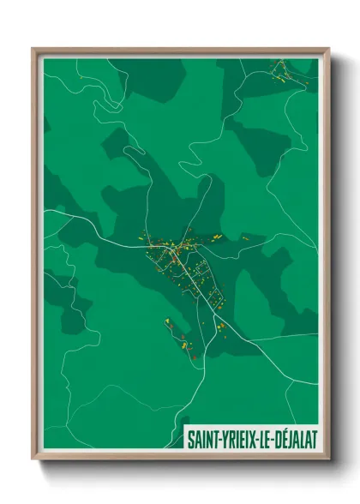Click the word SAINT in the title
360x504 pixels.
[x=204, y=438]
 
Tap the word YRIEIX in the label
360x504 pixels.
[x=239, y=438]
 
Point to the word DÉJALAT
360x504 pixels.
[x=296, y=438]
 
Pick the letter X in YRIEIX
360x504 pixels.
[x=254, y=438]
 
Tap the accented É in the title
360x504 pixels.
[x=285, y=438]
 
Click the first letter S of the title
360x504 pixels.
[x=191, y=438]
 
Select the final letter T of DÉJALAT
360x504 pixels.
[x=315, y=438]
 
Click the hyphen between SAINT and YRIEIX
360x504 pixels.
[x=219, y=439]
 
